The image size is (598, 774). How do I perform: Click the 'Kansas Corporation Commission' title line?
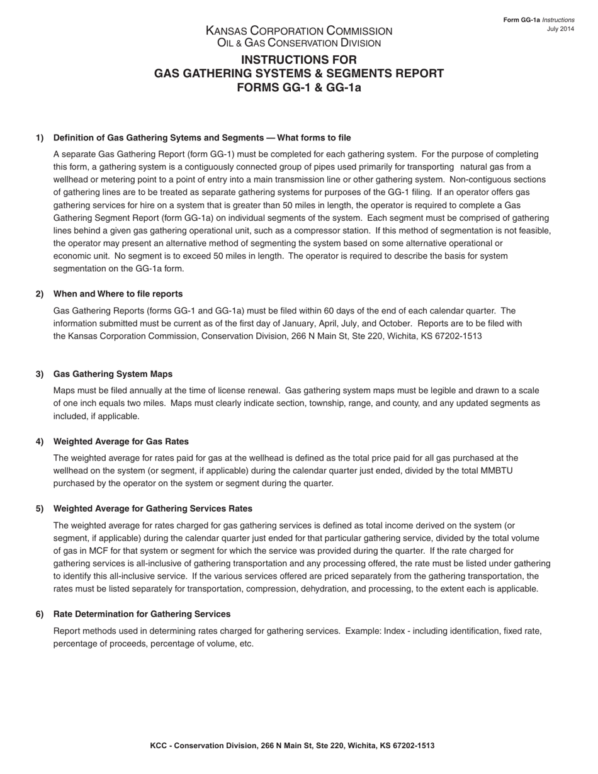(299, 31)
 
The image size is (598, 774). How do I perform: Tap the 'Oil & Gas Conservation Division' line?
(299, 43)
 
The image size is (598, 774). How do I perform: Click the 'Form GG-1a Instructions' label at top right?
(539, 20)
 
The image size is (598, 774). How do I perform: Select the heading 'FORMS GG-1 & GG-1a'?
(299, 87)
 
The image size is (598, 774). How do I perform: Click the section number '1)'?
(40, 138)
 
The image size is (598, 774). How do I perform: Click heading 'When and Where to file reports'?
(118, 294)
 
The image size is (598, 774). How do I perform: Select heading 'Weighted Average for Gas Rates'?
(121, 441)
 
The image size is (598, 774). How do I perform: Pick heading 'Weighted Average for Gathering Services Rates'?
(153, 508)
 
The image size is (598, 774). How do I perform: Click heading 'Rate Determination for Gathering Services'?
(142, 614)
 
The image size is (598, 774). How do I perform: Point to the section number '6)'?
(40, 614)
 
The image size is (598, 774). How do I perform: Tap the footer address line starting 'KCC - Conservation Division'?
(292, 746)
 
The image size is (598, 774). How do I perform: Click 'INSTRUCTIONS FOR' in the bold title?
(299, 60)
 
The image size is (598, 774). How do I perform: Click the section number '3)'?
(40, 374)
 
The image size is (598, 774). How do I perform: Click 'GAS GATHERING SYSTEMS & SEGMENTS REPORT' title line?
(299, 74)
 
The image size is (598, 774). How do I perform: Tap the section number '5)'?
(40, 508)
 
